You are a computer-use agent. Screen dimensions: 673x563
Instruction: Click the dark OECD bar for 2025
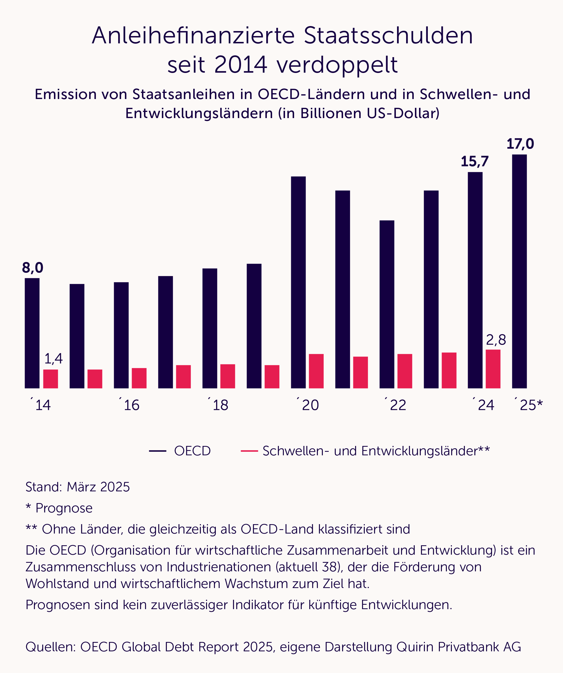[519, 271]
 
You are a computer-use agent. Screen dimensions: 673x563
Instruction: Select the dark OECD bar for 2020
[298, 282]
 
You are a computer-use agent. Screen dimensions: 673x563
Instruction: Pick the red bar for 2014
[51, 379]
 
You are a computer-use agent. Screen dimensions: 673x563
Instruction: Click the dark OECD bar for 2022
[386, 304]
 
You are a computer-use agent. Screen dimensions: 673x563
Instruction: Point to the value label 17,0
[520, 144]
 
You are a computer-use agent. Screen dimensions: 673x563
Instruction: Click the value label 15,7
[474, 161]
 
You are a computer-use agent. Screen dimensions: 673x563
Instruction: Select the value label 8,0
[32, 268]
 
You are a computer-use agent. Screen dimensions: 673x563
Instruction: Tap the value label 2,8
[496, 340]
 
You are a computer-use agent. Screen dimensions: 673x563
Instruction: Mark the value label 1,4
[53, 359]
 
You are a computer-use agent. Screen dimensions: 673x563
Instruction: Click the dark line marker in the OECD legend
[157, 451]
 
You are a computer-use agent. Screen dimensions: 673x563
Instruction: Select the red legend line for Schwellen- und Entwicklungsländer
[249, 451]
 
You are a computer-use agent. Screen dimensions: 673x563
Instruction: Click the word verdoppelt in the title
[337, 65]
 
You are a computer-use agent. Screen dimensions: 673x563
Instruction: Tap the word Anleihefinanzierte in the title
[193, 35]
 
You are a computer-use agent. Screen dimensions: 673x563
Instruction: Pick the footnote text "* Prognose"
[59, 508]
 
